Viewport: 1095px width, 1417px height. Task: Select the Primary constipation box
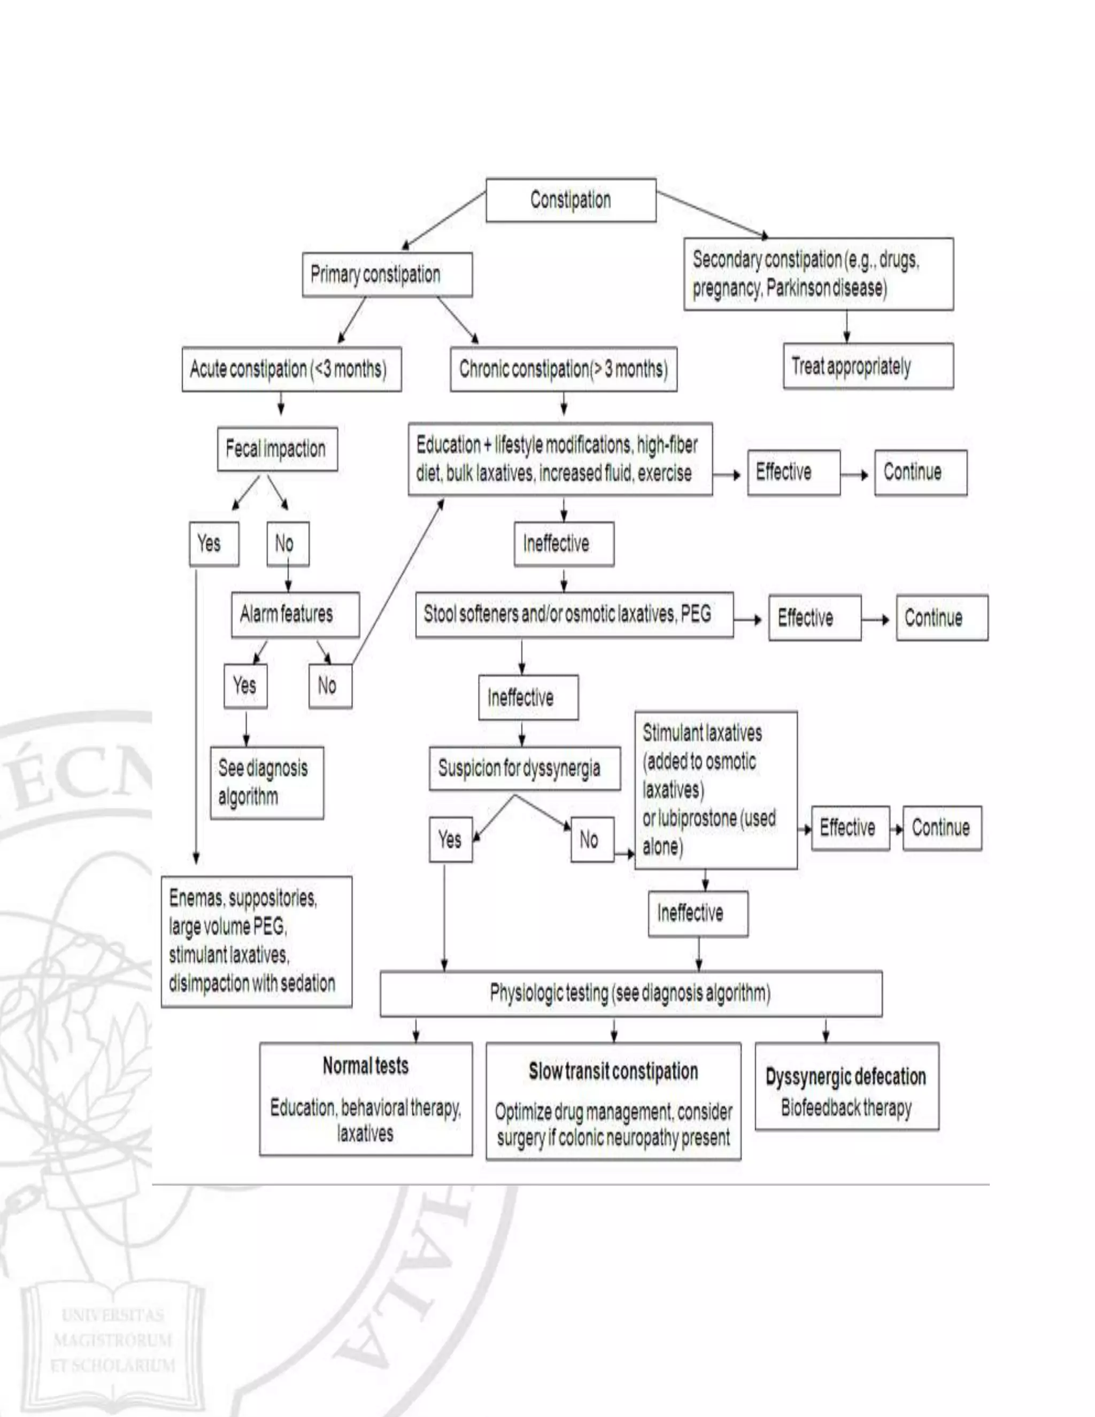coord(387,274)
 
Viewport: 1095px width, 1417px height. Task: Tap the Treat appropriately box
coord(867,367)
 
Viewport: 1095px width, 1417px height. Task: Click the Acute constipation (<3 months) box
coord(291,369)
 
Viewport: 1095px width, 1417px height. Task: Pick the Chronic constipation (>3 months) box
coord(563,369)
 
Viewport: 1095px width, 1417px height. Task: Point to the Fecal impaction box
coord(277,449)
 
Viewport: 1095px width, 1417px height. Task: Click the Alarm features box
coord(295,614)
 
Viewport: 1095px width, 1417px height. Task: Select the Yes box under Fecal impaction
coord(213,544)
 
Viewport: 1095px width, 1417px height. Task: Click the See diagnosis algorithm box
coord(267,782)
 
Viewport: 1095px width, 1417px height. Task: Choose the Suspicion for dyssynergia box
coord(524,768)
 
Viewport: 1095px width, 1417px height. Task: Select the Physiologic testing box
coord(630,994)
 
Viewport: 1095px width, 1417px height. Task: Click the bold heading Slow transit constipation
coord(613,1071)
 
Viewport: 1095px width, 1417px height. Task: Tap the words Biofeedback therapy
coord(846,1107)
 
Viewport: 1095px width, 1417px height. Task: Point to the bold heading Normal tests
coord(365,1066)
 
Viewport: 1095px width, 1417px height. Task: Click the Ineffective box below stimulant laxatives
coord(697,913)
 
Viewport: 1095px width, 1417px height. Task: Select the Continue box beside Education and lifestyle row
coord(920,472)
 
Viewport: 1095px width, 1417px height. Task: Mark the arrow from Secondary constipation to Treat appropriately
coord(846,326)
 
